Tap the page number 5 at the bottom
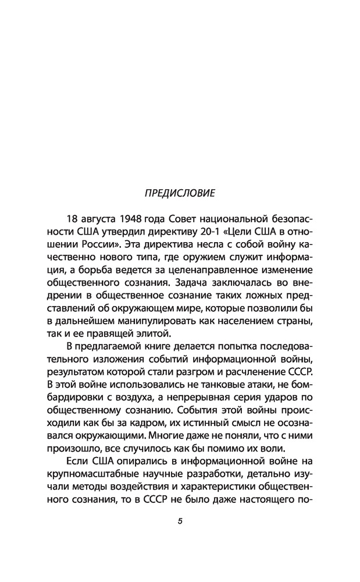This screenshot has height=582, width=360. pyautogui.click(x=180, y=521)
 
